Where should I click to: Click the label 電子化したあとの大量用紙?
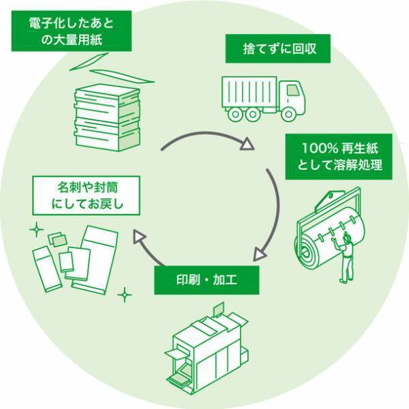coord(71,31)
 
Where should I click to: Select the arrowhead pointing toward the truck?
coord(247,144)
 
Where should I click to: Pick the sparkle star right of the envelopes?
coord(125,295)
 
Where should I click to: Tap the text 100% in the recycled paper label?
coord(315,147)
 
